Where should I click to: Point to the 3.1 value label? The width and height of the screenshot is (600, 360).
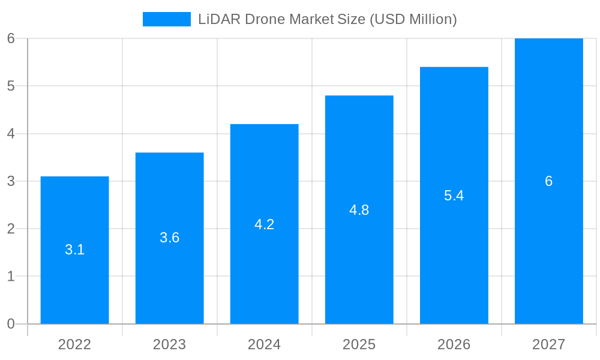coord(74,250)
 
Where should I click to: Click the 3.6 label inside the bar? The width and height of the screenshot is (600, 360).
coord(169,238)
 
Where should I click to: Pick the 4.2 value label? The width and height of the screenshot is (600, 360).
coord(264,224)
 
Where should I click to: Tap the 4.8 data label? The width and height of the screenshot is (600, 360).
coord(359,210)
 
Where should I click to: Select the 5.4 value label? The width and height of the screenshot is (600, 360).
coord(454,196)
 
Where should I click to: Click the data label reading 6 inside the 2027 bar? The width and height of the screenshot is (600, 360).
coord(548,181)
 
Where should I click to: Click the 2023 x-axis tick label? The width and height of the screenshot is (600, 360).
coord(169,344)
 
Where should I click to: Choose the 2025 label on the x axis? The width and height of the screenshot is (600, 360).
coord(359,344)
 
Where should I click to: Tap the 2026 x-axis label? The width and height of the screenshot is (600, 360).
coord(454,344)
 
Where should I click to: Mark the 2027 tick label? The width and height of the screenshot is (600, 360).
coord(548,344)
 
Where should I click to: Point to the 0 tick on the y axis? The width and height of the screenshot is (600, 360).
coord(11,324)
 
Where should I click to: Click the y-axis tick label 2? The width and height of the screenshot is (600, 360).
coord(11,229)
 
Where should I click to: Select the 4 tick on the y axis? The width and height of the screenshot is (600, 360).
coord(11,134)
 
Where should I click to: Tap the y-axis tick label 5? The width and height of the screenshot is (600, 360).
coord(11,86)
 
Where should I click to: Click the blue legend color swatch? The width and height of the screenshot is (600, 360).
coord(166,19)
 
